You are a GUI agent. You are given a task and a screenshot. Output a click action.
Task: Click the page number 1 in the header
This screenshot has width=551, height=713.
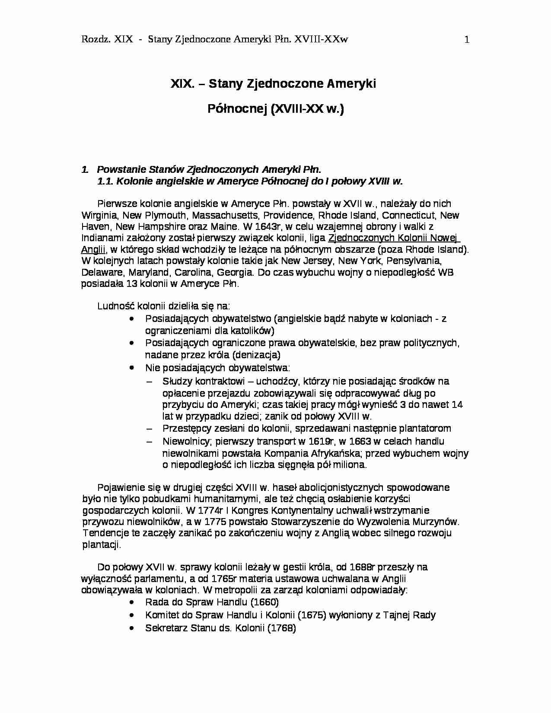click(x=467, y=40)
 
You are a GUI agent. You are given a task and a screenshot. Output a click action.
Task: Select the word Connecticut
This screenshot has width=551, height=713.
click(x=409, y=215)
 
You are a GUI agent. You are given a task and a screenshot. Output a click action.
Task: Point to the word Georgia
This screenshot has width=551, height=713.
click(x=234, y=272)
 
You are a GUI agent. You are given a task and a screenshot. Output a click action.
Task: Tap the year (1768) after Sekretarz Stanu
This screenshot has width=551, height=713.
click(x=281, y=628)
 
